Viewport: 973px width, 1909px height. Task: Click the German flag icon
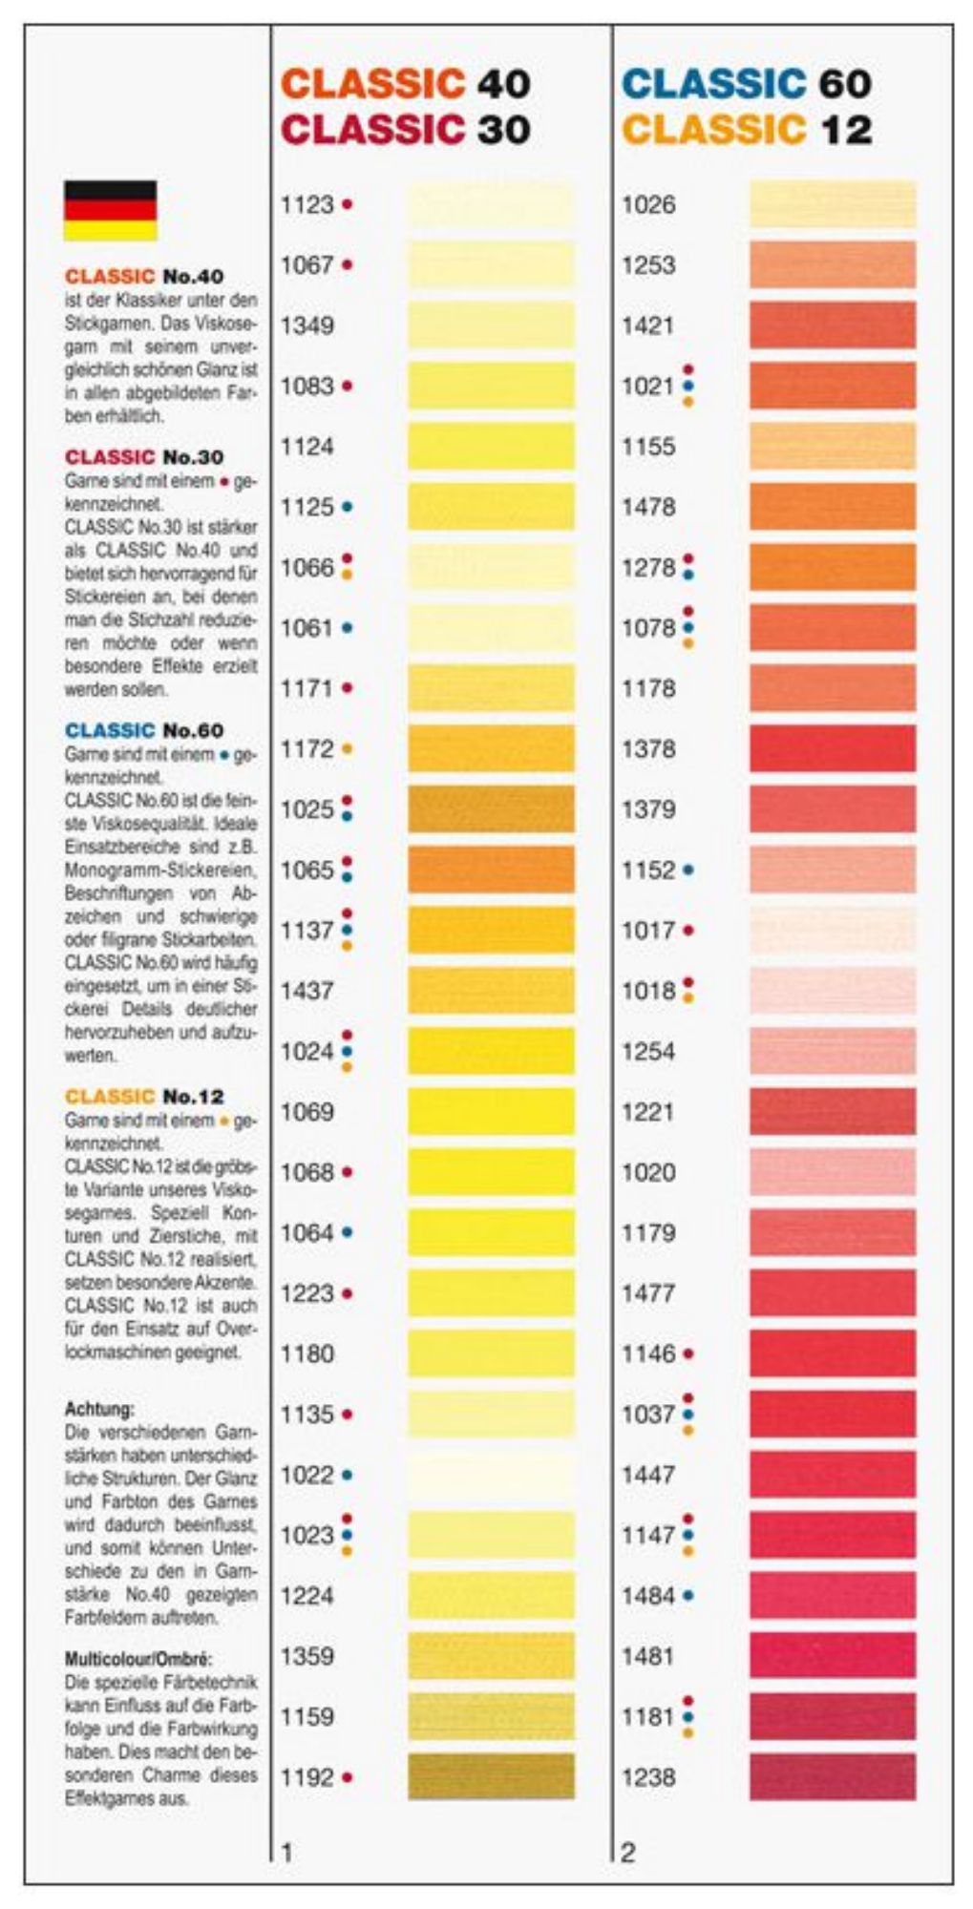pos(110,210)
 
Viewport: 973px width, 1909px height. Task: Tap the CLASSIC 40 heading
pos(406,84)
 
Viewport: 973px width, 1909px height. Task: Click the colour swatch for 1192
pos(491,1776)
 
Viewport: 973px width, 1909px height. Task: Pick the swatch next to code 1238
pos(832,1776)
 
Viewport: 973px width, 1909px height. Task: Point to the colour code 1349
pos(307,325)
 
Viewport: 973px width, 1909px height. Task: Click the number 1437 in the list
pos(307,991)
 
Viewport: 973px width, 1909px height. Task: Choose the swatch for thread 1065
pos(491,870)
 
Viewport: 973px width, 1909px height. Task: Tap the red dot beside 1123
pos(347,204)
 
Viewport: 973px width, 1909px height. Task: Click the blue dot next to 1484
pos(688,1595)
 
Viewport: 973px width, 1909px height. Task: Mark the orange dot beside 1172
pos(347,749)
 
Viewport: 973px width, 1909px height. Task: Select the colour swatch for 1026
pos(832,204)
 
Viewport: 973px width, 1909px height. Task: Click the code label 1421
pos(648,325)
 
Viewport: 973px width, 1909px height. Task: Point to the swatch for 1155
pos(832,447)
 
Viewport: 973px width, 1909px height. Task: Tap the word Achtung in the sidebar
pos(99,1409)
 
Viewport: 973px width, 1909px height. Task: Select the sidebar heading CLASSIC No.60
pos(144,730)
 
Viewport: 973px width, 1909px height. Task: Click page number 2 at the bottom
pos(627,1853)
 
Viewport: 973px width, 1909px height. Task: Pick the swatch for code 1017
pos(832,931)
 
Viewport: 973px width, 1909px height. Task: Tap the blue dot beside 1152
pos(688,871)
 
